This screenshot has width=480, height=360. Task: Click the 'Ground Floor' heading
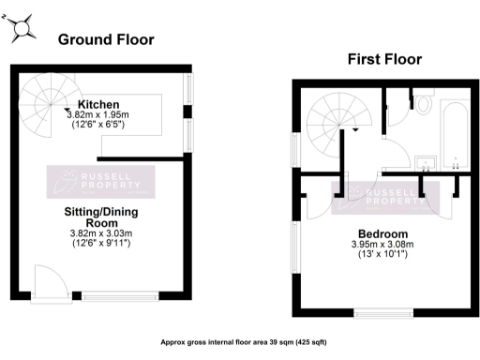[x=106, y=39]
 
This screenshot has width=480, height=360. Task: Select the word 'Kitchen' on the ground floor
[x=97, y=103]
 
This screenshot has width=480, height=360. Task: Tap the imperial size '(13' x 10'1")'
[x=383, y=255]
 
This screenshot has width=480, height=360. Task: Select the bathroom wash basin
[x=427, y=162]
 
